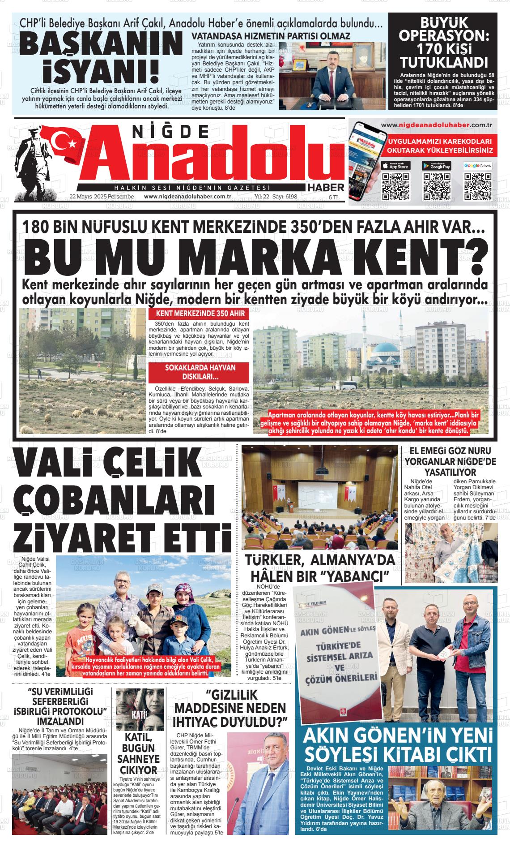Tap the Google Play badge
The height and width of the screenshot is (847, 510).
click(x=437, y=165)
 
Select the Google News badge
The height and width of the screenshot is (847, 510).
click(x=477, y=165)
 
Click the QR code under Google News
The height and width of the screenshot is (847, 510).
click(x=477, y=186)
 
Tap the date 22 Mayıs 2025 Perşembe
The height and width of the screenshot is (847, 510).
click(x=102, y=197)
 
